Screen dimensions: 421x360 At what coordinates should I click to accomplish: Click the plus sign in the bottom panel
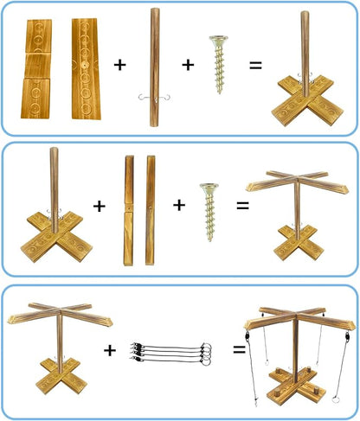pyautogui.click(x=111, y=350)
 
